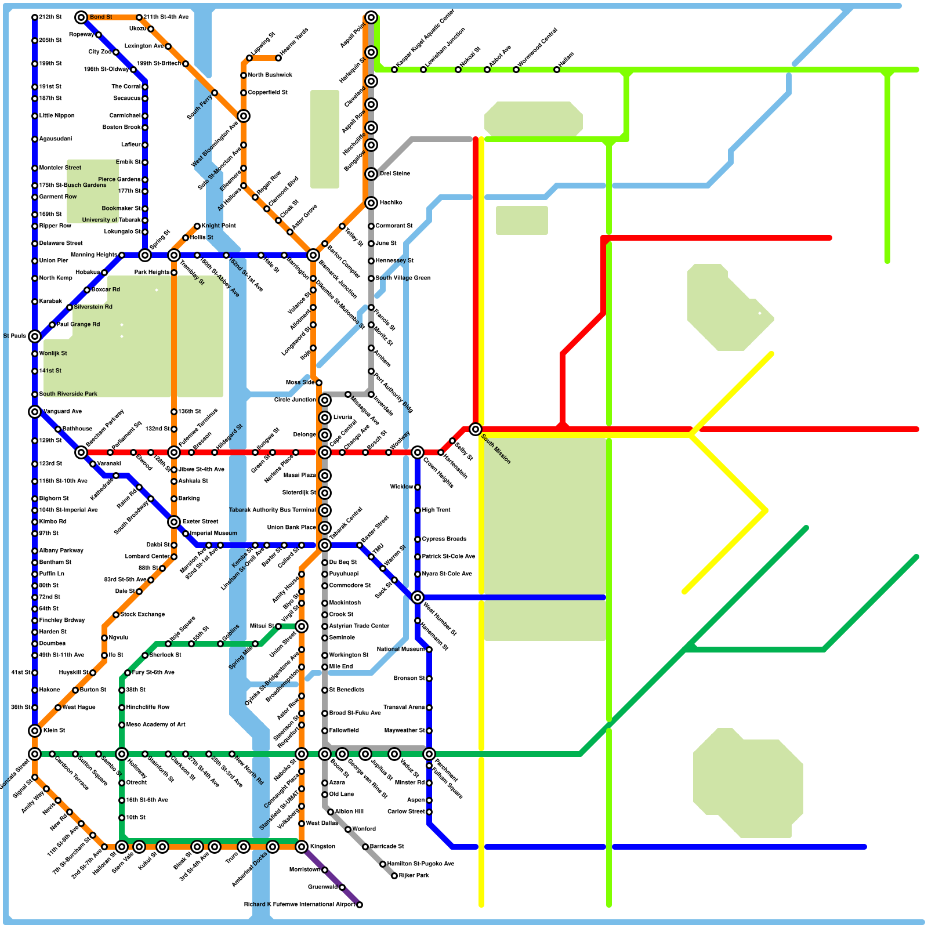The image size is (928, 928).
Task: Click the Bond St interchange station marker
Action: pos(81,17)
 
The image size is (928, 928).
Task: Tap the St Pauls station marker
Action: pos(35,336)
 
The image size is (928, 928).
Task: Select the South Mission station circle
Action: pos(476,429)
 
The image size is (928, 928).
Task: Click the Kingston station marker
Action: pos(302,847)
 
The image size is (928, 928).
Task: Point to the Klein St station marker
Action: pos(35,731)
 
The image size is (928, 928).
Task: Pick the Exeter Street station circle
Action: pos(174,522)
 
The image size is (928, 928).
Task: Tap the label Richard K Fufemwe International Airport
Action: pos(299,905)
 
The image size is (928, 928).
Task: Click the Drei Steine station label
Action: pos(395,174)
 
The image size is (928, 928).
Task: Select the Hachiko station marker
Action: pos(371,203)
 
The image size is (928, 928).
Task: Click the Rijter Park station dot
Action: pos(394,876)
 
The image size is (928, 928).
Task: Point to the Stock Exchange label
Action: pos(143,615)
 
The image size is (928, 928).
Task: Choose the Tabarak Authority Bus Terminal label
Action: pos(272,510)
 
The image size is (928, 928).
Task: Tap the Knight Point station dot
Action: pos(197,226)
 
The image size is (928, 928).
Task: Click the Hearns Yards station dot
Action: pos(278,58)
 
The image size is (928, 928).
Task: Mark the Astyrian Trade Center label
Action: pos(359,626)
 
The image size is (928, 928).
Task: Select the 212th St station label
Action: pos(50,17)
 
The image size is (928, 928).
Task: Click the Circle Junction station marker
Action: pos(325,400)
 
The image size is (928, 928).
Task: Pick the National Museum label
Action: pos(401,650)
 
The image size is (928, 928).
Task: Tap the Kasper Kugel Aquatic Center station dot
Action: pos(394,70)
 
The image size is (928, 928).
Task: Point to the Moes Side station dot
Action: pos(319,383)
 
